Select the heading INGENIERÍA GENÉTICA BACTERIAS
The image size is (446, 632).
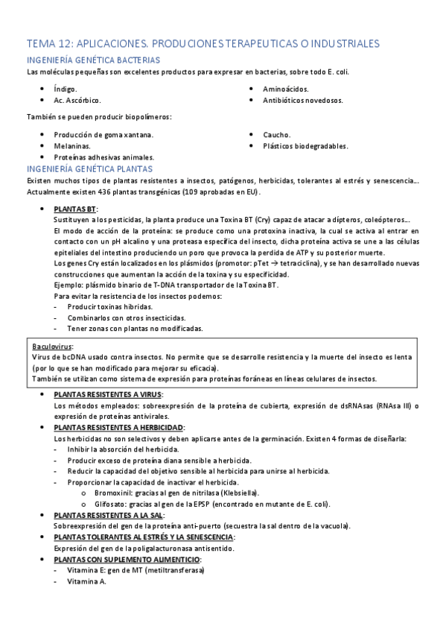click(x=93, y=60)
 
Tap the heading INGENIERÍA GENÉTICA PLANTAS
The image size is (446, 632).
click(x=89, y=169)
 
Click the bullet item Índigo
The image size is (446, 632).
click(x=65, y=89)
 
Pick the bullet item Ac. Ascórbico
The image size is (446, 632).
click(x=77, y=100)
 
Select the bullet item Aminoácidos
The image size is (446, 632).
click(x=286, y=89)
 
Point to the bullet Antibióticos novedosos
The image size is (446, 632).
click(x=303, y=100)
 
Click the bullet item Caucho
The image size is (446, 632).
click(x=277, y=135)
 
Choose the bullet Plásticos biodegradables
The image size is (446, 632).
click(x=305, y=146)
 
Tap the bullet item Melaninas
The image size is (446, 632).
click(x=71, y=146)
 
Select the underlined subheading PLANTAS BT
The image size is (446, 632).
click(x=75, y=209)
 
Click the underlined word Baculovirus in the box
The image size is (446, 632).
click(x=52, y=347)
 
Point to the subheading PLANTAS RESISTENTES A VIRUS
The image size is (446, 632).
click(x=108, y=394)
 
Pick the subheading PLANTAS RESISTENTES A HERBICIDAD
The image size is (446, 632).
click(x=118, y=428)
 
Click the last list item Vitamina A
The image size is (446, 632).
click(x=86, y=581)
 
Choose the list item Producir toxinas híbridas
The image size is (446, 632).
click(x=109, y=306)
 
